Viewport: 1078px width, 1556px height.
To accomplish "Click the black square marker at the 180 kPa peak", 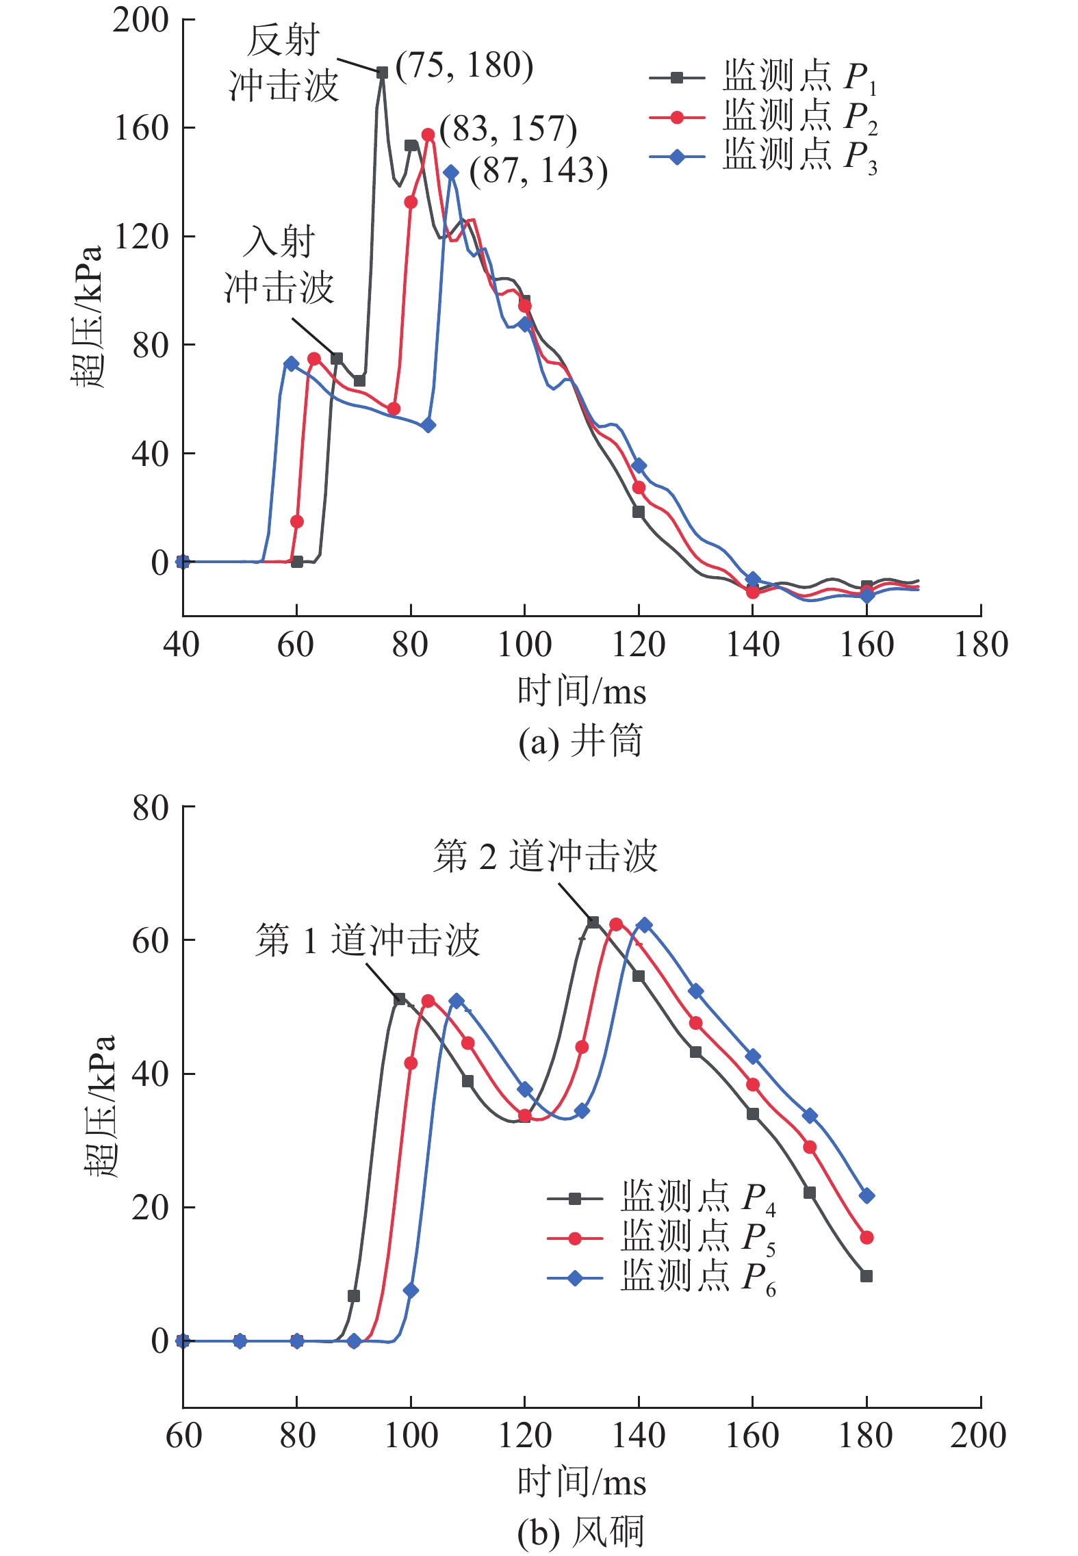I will click(x=382, y=73).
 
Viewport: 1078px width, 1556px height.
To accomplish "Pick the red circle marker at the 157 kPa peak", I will click(x=428, y=135).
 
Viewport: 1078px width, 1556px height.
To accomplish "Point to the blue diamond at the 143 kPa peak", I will click(x=450, y=172).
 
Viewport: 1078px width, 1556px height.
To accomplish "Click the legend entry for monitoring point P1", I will click(x=763, y=77).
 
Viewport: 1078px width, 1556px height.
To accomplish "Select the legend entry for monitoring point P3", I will click(x=763, y=157).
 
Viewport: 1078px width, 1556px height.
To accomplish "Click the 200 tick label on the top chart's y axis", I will click(x=141, y=21).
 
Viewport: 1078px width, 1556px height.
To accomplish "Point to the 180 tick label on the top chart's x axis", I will click(x=980, y=645).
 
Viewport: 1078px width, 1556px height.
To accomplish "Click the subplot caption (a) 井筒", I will click(x=580, y=741).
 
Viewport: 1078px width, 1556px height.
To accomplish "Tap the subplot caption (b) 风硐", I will click(x=580, y=1531).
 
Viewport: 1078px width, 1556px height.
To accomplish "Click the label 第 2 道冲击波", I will click(x=545, y=856).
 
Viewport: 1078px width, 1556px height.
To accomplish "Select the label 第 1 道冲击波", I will click(x=368, y=939).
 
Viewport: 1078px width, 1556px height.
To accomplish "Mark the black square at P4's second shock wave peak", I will click(x=593, y=922).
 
